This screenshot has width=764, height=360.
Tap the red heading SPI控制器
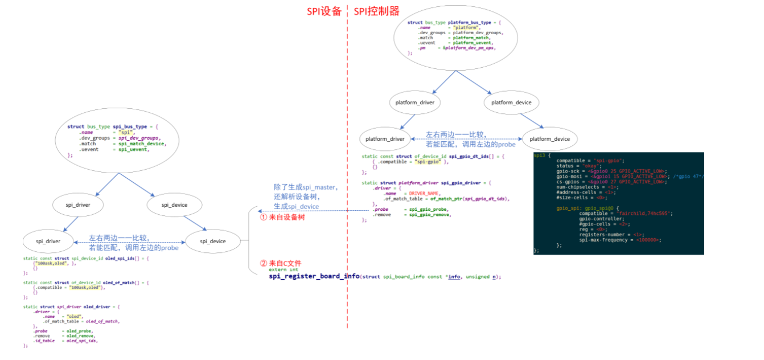(x=376, y=11)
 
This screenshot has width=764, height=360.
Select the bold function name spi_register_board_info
(x=314, y=276)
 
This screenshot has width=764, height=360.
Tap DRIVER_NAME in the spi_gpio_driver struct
(x=424, y=194)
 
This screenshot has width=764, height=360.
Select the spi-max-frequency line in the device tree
(x=619, y=240)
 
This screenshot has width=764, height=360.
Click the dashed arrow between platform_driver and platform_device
(x=467, y=138)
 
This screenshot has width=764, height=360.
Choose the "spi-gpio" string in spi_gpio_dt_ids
(x=429, y=162)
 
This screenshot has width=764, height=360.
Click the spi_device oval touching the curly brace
(x=213, y=242)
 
